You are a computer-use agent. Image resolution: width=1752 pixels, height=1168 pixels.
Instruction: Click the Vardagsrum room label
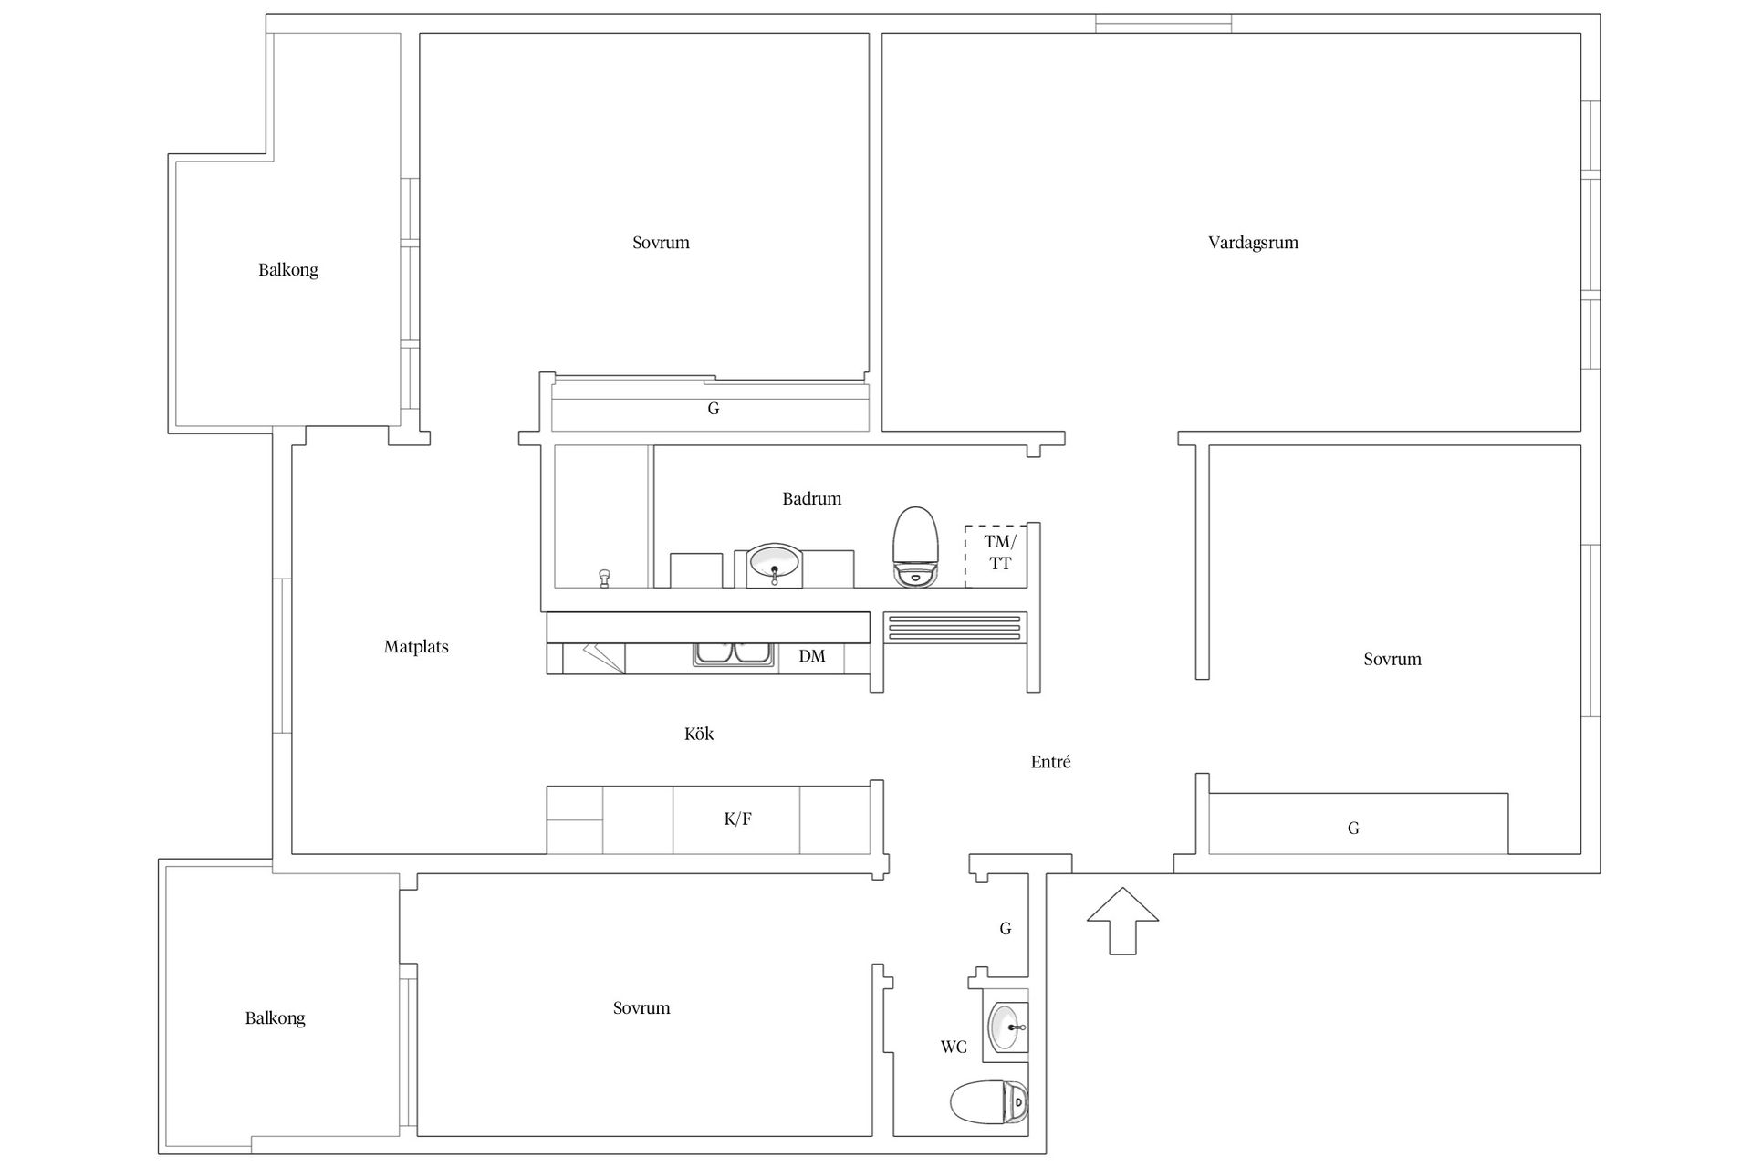point(1253,243)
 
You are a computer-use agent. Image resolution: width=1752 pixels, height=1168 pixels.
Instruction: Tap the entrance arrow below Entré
point(1122,920)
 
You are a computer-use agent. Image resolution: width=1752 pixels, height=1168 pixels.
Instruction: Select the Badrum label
point(811,498)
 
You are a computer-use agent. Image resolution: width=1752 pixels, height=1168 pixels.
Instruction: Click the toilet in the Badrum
point(915,547)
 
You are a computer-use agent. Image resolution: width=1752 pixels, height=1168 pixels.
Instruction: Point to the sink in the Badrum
point(775,566)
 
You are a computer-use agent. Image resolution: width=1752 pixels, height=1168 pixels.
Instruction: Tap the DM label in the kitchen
point(812,656)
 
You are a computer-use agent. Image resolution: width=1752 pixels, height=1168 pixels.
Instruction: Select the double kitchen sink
point(733,654)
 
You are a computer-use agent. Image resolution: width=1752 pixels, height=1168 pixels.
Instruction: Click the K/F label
point(737,819)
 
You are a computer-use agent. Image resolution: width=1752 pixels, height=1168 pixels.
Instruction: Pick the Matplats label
point(416,647)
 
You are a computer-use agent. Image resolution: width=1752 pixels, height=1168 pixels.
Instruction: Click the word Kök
point(699,734)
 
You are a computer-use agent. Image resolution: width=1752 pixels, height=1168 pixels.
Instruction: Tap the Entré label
point(1050,762)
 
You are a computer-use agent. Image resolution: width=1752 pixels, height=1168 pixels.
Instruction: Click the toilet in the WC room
point(989,1103)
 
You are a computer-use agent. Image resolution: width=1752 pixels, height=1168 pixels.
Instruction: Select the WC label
point(954,1047)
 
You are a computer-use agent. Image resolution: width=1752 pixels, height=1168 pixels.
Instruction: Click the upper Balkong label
point(288,270)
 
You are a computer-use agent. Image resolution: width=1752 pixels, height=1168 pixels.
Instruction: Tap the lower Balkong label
point(275,1018)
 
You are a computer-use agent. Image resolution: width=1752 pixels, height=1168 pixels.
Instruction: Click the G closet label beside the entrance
point(1006,929)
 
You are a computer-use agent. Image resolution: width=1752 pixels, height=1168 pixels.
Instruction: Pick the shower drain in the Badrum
point(603,579)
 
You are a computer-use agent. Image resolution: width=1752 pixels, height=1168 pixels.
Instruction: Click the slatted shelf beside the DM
point(954,628)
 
